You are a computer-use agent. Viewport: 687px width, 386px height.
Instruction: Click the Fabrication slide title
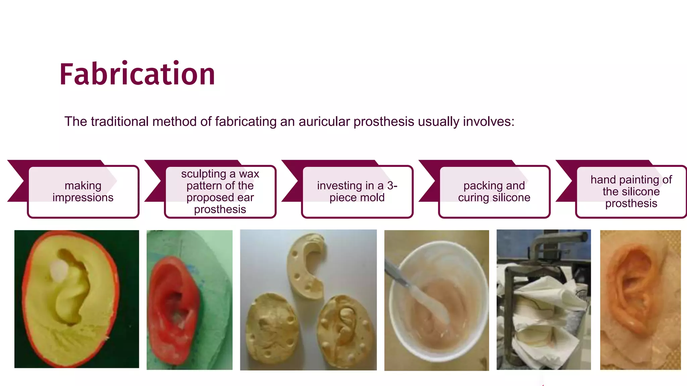[137, 74]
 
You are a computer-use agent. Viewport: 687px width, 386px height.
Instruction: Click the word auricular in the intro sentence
[324, 122]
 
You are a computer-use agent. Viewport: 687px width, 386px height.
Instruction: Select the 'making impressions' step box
[83, 192]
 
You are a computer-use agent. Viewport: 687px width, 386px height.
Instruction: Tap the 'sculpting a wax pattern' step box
[220, 192]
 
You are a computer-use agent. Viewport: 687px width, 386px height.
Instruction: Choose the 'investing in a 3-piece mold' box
[357, 192]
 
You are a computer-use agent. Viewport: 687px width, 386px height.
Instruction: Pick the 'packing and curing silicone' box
[494, 192]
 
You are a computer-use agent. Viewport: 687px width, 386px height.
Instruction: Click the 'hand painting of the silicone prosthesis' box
[631, 192]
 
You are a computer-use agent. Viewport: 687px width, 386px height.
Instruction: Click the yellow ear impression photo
[76, 299]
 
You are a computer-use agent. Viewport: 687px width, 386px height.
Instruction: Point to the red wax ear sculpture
[173, 308]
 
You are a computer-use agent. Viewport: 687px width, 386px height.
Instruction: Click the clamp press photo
[543, 300]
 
